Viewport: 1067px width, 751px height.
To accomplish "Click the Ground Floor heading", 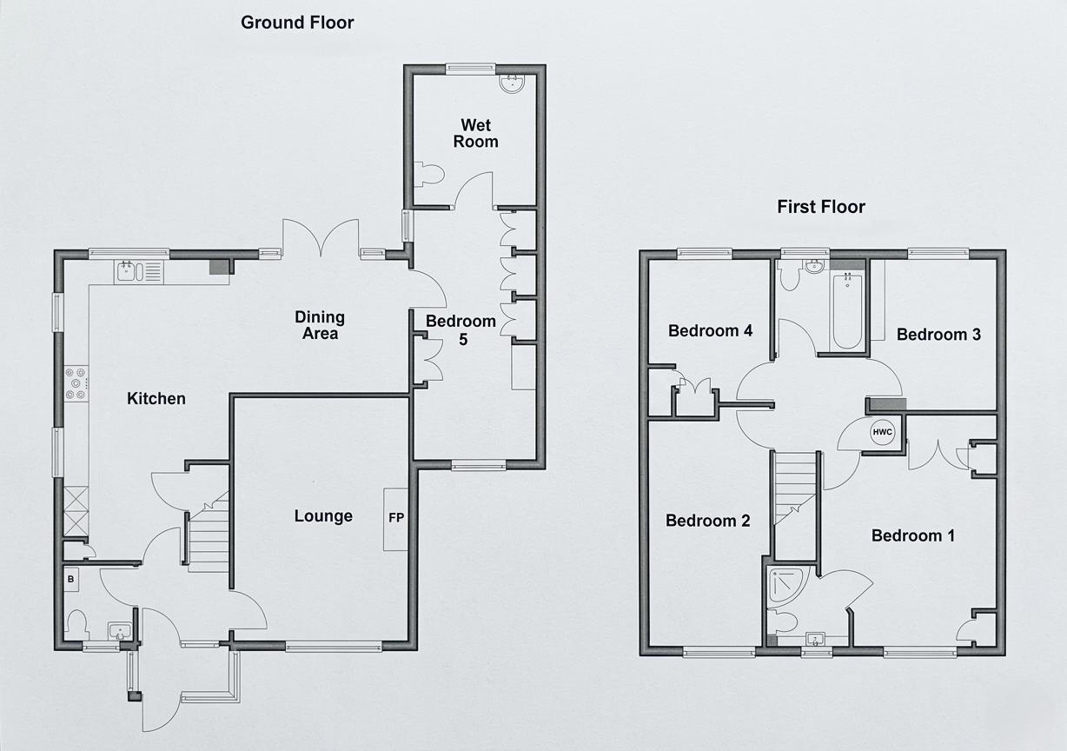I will pos(297,23).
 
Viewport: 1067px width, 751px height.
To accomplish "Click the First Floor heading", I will pos(821,207).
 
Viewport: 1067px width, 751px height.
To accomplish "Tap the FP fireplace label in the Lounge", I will pos(395,518).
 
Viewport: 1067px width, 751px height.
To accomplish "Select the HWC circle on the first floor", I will pos(882,432).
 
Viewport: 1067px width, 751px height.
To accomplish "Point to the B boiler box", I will pos(71,578).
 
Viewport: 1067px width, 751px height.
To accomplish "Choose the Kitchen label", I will pos(156,399).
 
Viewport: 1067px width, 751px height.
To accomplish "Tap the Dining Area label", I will pos(320,325).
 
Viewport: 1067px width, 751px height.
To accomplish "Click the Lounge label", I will pos(323,516).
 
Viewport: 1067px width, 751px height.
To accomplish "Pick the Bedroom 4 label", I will pos(710,331).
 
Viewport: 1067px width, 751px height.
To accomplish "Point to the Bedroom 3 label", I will pos(938,335).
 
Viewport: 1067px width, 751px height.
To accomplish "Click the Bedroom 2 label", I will pos(707,521).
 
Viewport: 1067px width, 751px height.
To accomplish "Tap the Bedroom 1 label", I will pos(912,535).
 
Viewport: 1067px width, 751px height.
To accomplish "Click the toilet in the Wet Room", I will pos(429,174).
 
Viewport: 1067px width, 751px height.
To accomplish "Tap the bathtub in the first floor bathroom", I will pos(846,311).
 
